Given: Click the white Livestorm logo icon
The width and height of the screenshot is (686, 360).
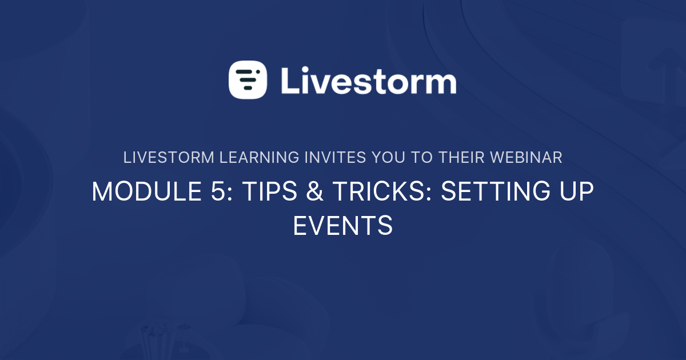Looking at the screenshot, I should [x=248, y=80].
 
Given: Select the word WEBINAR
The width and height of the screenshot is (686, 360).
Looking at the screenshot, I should [x=525, y=158].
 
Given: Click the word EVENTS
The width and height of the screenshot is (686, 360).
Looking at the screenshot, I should [x=342, y=226].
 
